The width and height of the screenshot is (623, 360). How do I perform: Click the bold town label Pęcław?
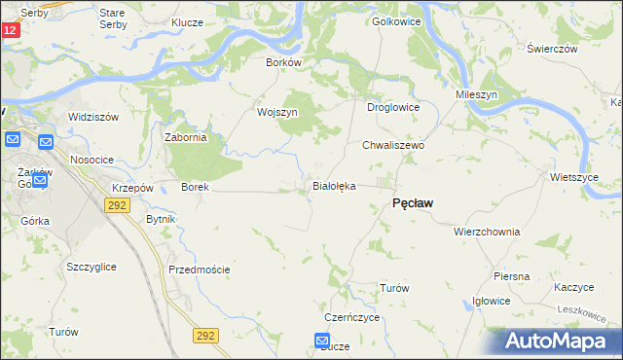(x=412, y=203)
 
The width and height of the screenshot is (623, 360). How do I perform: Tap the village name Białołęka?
(x=333, y=185)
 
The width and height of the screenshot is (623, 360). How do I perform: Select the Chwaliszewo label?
(x=394, y=144)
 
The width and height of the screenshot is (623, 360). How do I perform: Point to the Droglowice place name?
(x=392, y=108)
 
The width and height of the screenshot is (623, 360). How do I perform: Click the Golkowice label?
(x=395, y=20)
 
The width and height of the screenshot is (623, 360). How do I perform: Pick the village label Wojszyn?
(x=276, y=112)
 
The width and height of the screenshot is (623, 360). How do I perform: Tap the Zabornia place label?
(x=186, y=137)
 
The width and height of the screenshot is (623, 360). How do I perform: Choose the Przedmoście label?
(x=200, y=270)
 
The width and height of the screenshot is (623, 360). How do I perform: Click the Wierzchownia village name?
(x=487, y=233)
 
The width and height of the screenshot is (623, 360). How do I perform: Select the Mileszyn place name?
(x=477, y=95)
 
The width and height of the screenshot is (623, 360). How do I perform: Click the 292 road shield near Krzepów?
(x=117, y=205)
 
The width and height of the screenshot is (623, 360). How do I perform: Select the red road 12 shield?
(x=9, y=30)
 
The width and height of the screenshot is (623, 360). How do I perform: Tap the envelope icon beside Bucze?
(x=323, y=341)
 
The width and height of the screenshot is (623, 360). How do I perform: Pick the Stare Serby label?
(x=119, y=18)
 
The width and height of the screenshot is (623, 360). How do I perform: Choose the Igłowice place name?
(x=491, y=301)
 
